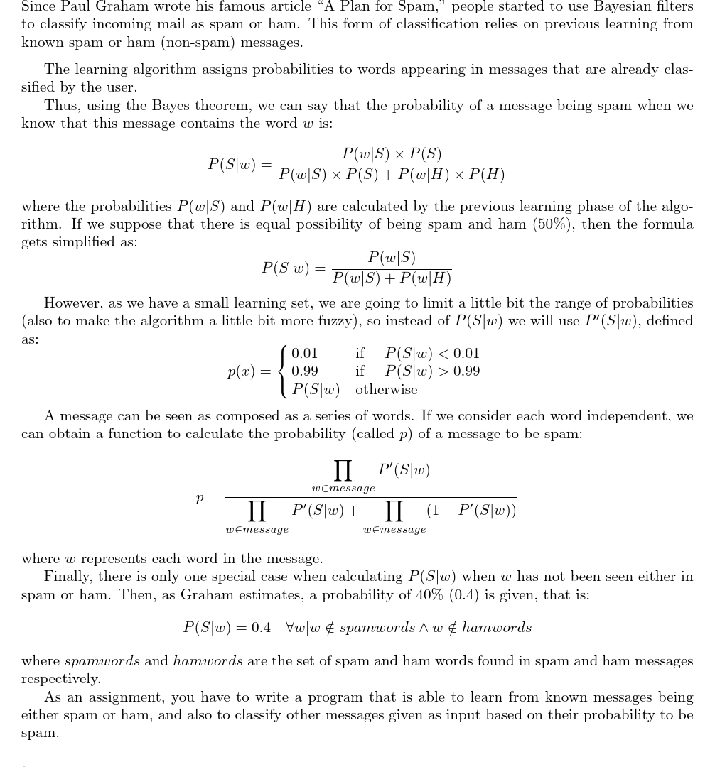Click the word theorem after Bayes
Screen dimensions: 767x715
click(222, 105)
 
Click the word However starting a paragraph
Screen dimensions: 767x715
click(74, 303)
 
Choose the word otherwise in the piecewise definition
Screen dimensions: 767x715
click(387, 390)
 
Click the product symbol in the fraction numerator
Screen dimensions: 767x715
click(343, 470)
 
